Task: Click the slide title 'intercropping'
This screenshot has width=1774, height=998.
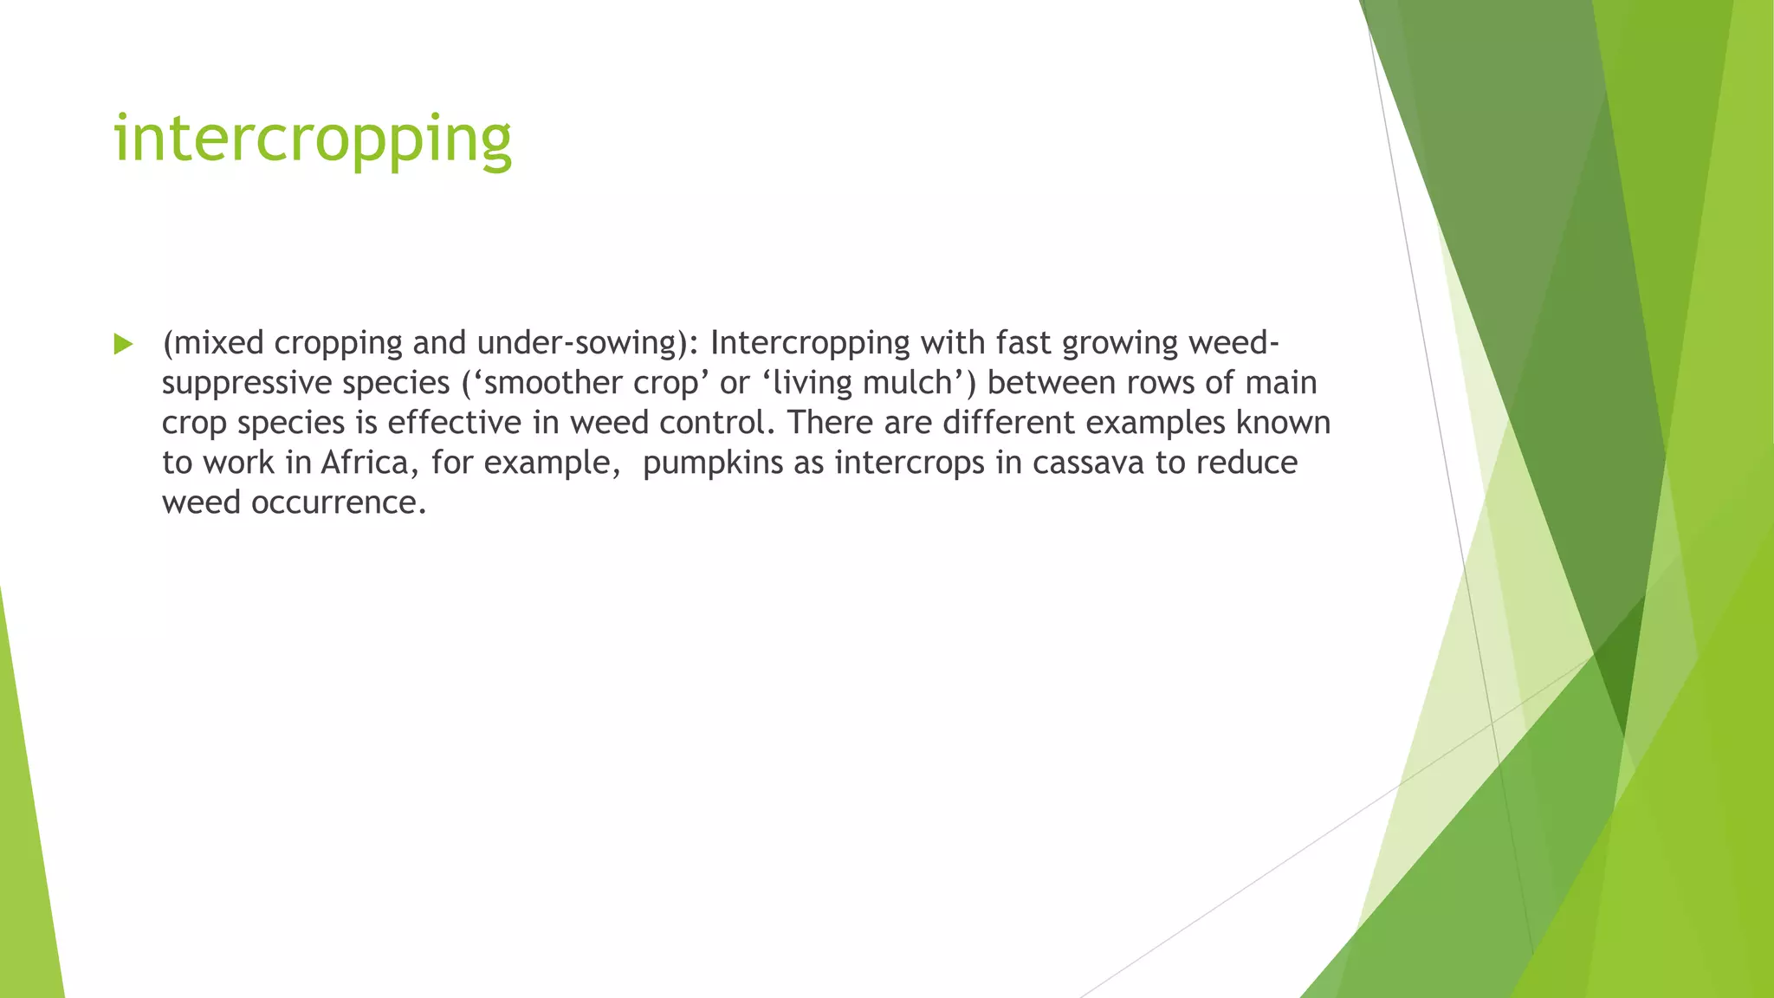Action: pos(313,139)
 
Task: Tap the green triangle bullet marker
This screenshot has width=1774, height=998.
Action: pos(123,345)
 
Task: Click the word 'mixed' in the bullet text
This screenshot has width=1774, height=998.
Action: pos(219,343)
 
